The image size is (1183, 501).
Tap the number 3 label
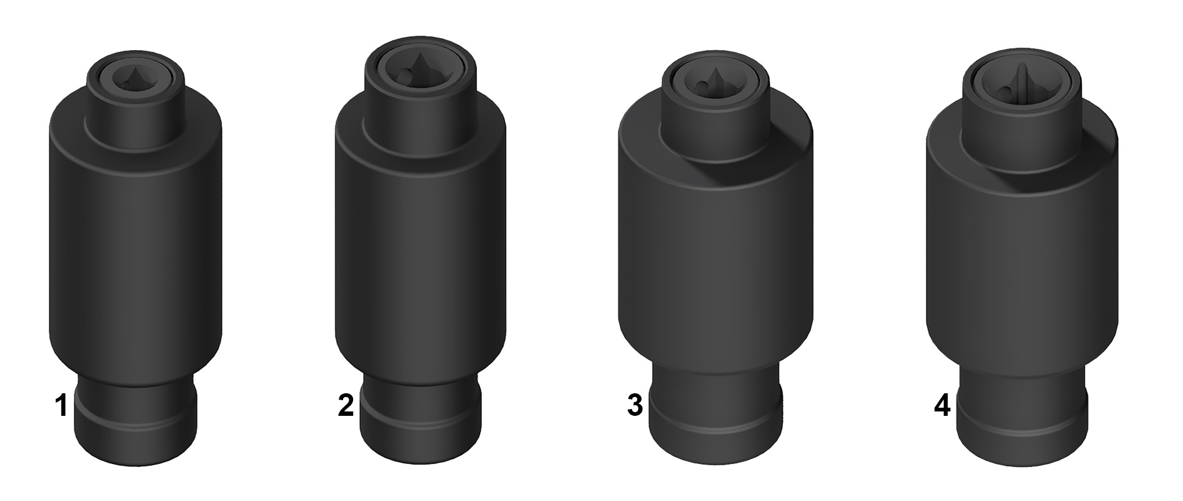(635, 406)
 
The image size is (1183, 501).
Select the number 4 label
(942, 406)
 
